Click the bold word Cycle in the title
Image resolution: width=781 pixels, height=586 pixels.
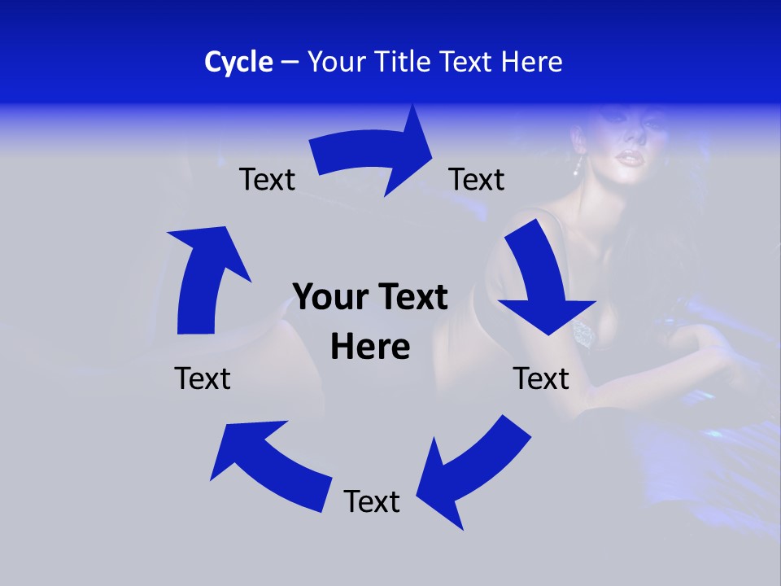(x=238, y=62)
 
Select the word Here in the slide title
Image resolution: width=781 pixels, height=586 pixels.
(x=532, y=62)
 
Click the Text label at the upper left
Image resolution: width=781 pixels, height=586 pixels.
(x=267, y=179)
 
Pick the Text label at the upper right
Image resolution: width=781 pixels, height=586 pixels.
(x=477, y=179)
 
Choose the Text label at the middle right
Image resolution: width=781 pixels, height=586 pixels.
(x=541, y=378)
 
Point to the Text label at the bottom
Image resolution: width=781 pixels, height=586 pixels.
(x=372, y=501)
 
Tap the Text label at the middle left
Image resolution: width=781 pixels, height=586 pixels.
(x=203, y=378)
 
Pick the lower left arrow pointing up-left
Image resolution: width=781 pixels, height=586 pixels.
(x=268, y=464)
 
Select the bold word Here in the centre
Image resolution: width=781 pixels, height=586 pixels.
(x=370, y=347)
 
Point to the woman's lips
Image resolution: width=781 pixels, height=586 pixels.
(x=625, y=156)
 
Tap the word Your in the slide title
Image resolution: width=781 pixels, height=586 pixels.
(x=335, y=62)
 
